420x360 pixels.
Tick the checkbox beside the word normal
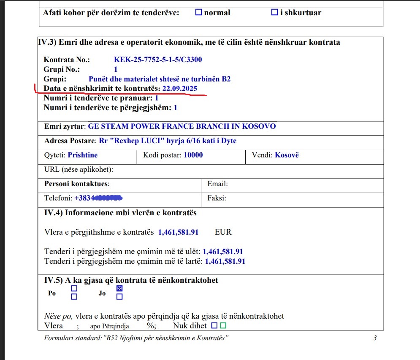[199, 13]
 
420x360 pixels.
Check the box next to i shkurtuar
[274, 13]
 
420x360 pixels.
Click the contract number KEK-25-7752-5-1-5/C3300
[158, 60]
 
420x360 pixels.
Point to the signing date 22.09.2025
[180, 89]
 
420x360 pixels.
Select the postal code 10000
[193, 155]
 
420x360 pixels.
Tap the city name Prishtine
[83, 155]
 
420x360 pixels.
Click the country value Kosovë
[287, 155]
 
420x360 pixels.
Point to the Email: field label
[217, 184]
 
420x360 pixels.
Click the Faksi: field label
[217, 198]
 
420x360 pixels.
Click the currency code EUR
[223, 232]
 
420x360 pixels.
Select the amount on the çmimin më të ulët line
[223, 252]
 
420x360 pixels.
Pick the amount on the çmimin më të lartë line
[225, 261]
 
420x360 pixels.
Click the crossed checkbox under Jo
[119, 289]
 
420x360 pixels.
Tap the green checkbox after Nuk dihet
[223, 325]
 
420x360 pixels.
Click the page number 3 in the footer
[375, 338]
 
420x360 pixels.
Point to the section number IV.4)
[54, 213]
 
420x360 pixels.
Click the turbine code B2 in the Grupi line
[226, 79]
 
